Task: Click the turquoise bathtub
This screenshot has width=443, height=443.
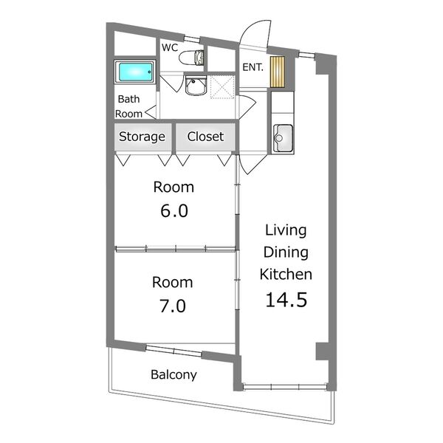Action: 136,72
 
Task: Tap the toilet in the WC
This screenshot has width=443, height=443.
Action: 191,58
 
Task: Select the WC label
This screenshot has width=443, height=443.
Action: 170,48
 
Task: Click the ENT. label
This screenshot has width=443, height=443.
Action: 253,67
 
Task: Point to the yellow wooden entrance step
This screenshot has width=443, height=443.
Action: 278,72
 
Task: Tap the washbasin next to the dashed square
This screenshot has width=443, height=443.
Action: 196,86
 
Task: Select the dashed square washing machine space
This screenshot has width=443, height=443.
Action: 222,87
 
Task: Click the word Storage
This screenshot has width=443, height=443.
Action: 142,137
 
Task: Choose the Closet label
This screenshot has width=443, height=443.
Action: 205,137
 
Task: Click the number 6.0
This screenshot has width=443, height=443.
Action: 174,211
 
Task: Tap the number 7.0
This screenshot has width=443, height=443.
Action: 173,306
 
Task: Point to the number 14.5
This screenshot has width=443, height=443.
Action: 286,300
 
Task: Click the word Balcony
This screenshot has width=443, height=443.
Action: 174,375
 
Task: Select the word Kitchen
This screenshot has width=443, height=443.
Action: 286,275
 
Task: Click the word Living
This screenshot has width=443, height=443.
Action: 286,231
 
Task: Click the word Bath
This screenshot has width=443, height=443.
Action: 128,99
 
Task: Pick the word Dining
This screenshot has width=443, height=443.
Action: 286,253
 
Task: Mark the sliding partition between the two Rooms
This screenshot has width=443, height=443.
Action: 175,249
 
